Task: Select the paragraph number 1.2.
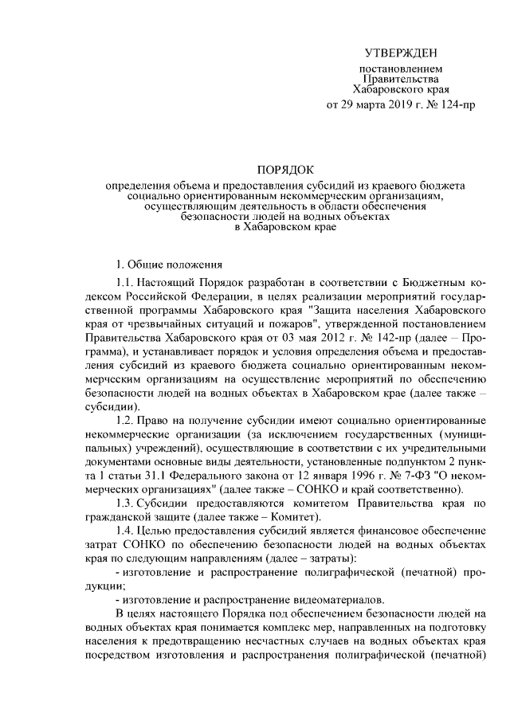pos(125,420)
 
